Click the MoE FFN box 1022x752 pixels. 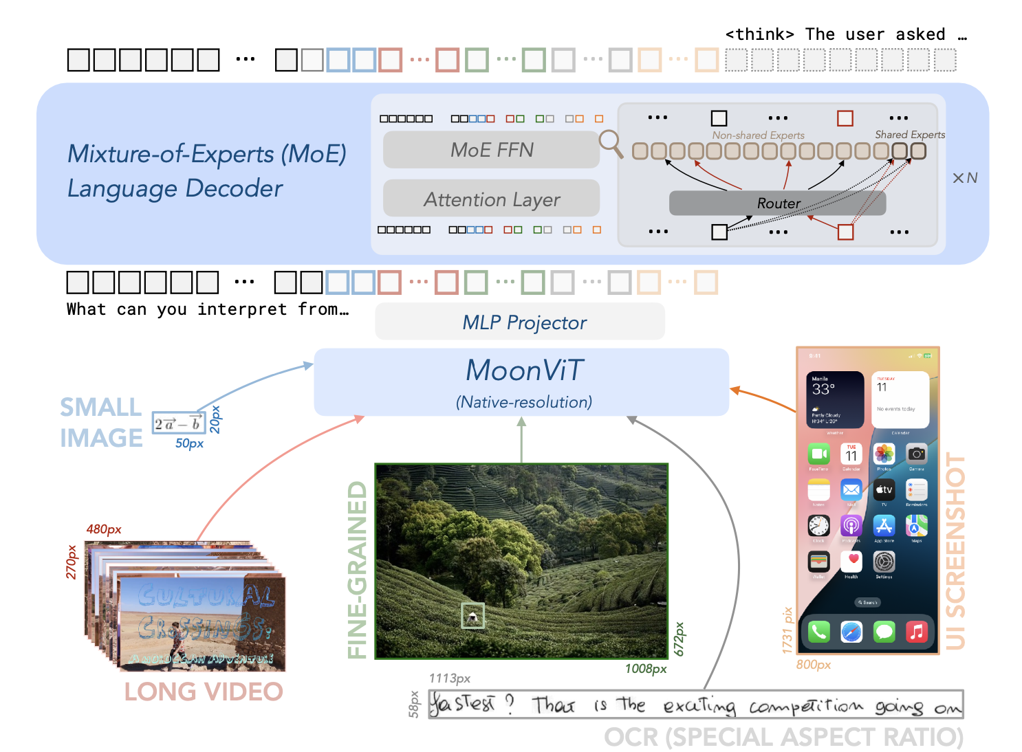pos(491,150)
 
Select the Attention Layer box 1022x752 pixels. pos(491,199)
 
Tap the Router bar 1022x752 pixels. pos(777,203)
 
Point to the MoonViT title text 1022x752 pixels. pos(524,371)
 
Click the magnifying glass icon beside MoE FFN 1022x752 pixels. pos(610,143)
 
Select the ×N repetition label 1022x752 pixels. pos(964,178)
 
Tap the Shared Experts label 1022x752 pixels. pos(909,135)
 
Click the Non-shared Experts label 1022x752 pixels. pos(758,135)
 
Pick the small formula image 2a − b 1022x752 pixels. pos(179,423)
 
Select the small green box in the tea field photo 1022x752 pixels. pos(472,616)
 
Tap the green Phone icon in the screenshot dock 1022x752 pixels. pos(818,632)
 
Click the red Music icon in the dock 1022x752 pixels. pos(916,632)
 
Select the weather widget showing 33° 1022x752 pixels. pos(835,399)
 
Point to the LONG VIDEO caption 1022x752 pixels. pos(204,692)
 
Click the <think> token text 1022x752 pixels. pos(759,34)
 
